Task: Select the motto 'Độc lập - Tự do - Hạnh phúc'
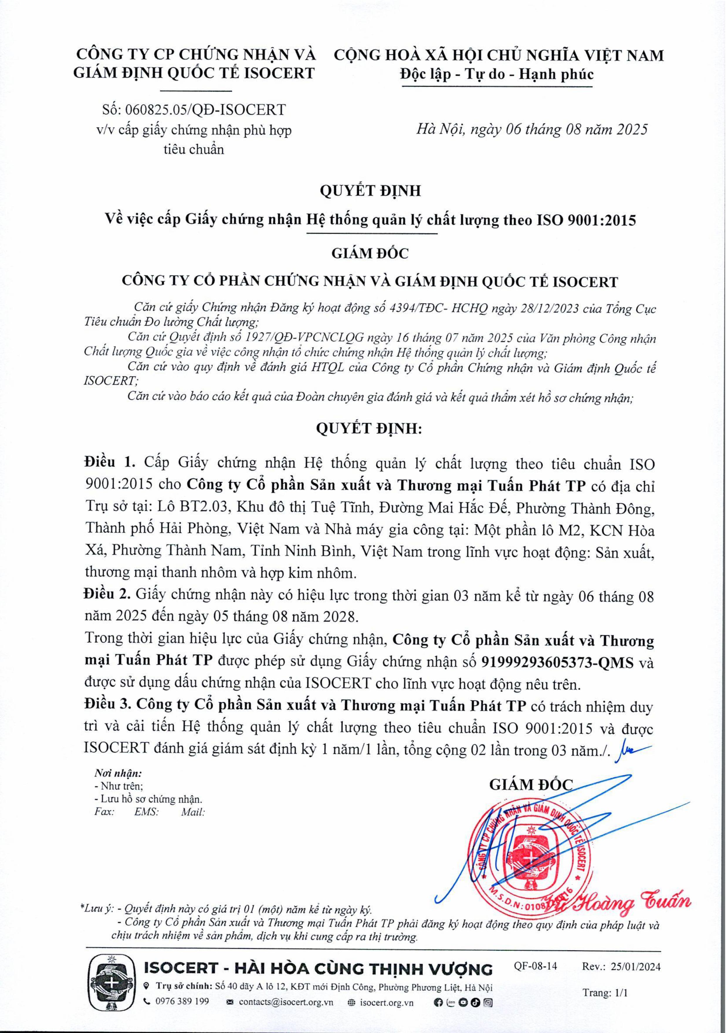[497, 74]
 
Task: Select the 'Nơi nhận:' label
[118, 773]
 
